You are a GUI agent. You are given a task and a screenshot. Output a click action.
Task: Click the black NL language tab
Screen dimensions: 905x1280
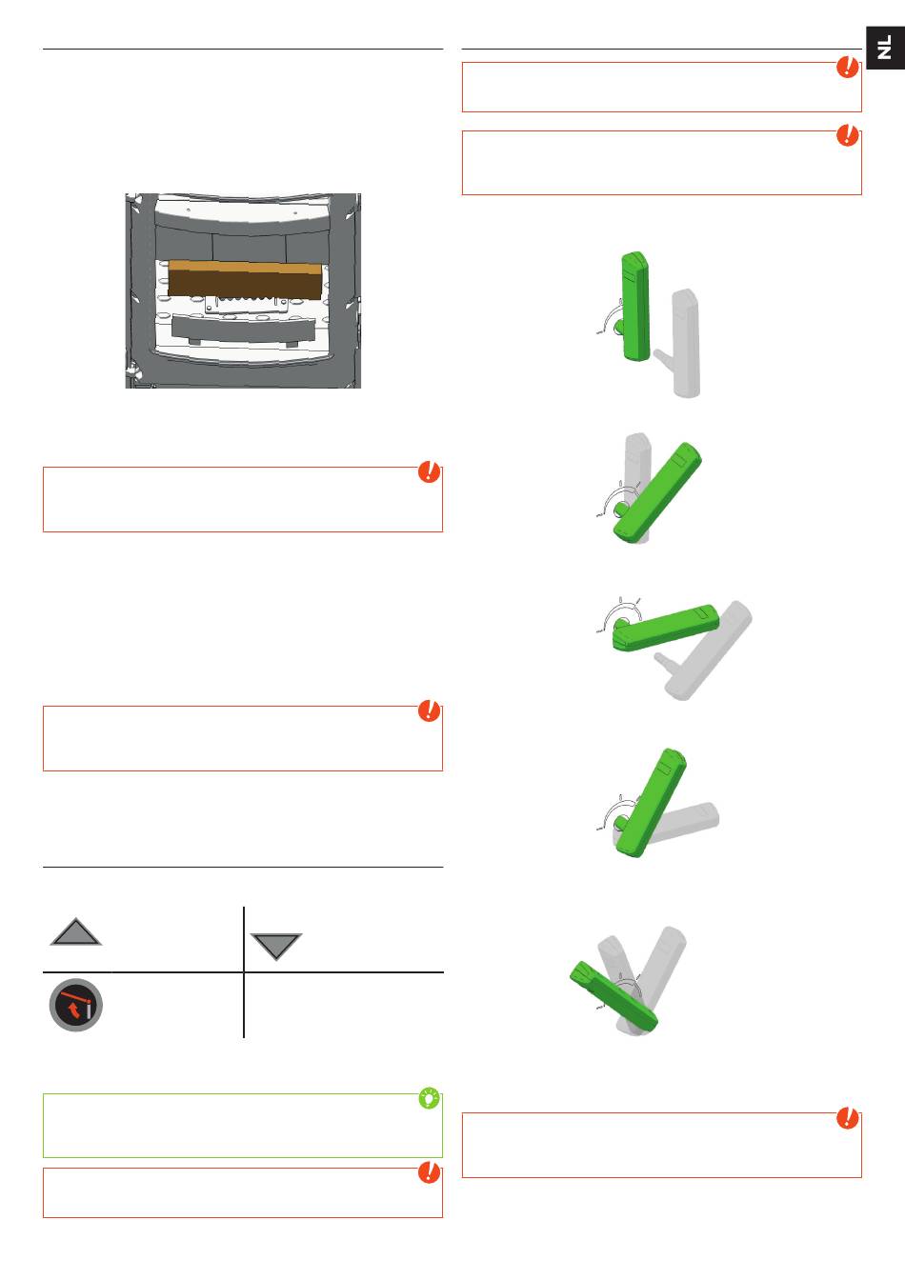click(885, 48)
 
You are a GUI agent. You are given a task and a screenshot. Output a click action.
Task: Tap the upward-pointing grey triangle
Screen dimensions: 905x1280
click(76, 932)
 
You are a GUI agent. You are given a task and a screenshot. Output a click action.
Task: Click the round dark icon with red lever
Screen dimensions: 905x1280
click(76, 1005)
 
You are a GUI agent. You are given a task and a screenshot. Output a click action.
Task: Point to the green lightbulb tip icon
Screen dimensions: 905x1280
click(430, 1098)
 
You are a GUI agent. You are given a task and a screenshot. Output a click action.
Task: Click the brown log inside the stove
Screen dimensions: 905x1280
click(245, 279)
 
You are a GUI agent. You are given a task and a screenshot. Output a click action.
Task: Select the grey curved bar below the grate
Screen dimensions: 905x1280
click(244, 330)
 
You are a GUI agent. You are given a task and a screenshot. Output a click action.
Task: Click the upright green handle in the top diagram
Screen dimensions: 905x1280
click(635, 307)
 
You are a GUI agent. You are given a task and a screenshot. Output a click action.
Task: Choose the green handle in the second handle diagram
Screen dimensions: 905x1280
click(657, 492)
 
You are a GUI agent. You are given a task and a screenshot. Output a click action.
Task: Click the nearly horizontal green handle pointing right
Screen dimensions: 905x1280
click(666, 628)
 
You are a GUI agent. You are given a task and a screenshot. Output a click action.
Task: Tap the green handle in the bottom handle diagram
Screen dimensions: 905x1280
click(614, 996)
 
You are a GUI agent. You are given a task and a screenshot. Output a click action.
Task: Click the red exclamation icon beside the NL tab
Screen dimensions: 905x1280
click(847, 67)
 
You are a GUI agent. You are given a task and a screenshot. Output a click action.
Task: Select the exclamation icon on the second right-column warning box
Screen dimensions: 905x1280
click(847, 135)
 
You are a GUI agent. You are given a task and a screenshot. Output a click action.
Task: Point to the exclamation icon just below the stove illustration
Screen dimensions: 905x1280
click(430, 471)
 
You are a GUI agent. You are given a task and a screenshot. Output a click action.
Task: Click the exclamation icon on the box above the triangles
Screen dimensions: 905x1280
click(430, 710)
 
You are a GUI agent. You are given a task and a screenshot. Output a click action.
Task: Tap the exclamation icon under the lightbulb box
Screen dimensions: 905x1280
click(430, 1172)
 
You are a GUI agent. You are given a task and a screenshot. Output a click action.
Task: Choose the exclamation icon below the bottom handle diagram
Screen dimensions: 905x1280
click(847, 1118)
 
